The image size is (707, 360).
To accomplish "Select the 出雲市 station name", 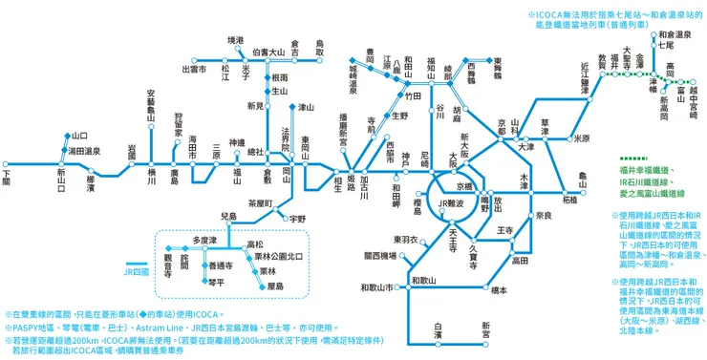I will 194,69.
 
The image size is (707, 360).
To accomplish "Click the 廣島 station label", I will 174,181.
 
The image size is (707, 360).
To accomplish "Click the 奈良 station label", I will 543,217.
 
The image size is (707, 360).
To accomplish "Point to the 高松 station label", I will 254,244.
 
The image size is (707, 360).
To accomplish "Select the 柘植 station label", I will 569,200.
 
